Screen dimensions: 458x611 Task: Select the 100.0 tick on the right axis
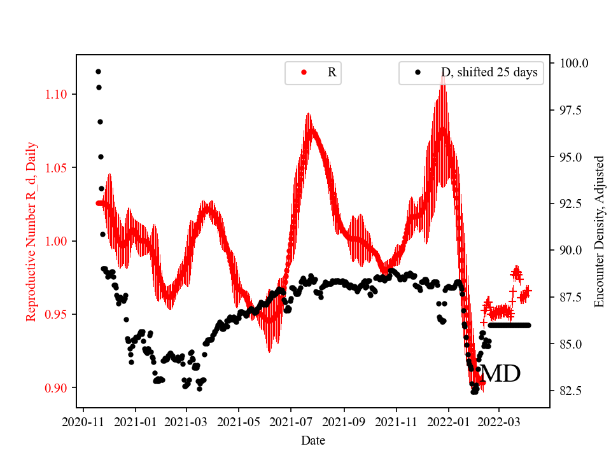pyautogui.click(x=573, y=63)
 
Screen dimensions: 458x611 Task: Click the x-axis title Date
pyautogui.click(x=313, y=440)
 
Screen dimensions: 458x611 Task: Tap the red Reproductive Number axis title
pyautogui.click(x=31, y=232)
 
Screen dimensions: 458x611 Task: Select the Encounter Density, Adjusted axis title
pyautogui.click(x=599, y=232)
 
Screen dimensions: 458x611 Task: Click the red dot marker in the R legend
pyautogui.click(x=304, y=73)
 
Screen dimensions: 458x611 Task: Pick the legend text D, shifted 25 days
pyautogui.click(x=489, y=73)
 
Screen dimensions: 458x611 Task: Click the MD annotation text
pyautogui.click(x=500, y=374)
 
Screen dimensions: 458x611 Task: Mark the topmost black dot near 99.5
pyautogui.click(x=98, y=71)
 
